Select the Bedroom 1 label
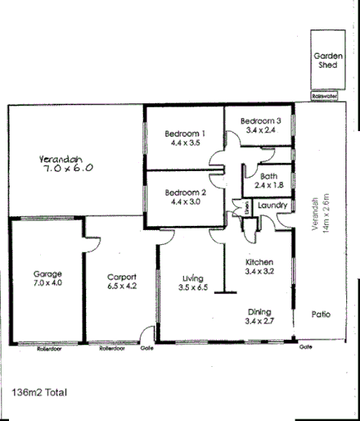tap(184, 134)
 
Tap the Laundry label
tap(270, 205)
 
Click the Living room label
tap(192, 278)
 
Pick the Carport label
tap(121, 276)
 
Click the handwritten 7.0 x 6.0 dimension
tap(69, 166)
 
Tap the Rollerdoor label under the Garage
tap(50, 349)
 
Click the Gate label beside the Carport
tap(148, 348)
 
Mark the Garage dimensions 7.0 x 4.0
tap(46, 283)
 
